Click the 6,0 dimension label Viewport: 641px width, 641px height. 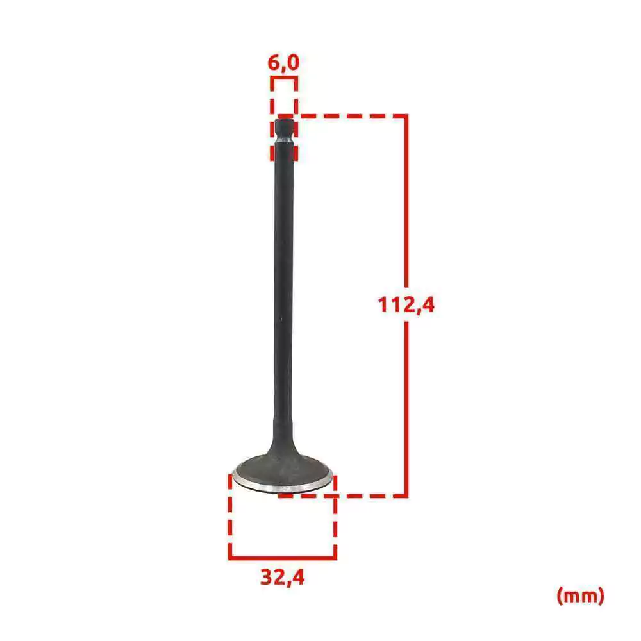point(283,63)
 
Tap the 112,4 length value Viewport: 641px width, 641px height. point(406,305)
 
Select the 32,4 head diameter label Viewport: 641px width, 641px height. point(283,578)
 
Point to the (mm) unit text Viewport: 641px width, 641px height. point(580,595)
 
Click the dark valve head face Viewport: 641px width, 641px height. point(283,470)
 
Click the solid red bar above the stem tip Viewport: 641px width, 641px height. point(283,78)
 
